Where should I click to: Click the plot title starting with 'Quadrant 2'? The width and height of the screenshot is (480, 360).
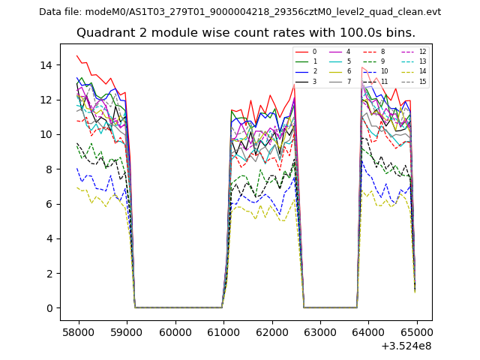point(246,33)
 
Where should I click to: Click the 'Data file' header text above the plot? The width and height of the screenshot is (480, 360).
point(240,12)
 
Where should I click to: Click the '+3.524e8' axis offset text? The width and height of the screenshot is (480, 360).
point(407,346)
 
